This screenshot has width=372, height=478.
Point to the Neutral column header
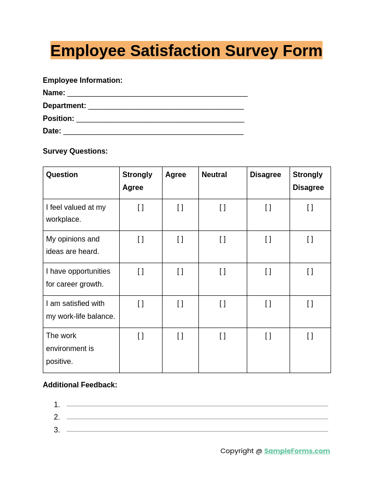click(214, 175)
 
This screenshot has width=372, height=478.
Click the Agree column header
click(175, 175)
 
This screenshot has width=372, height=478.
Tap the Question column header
click(62, 175)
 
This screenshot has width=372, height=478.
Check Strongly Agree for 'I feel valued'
click(140, 207)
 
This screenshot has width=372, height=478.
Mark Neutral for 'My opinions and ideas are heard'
click(222, 239)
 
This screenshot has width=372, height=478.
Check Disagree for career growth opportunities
click(268, 271)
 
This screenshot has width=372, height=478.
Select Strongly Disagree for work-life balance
click(310, 304)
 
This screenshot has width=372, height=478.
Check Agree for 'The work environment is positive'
click(180, 336)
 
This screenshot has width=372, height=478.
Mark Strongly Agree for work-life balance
click(140, 304)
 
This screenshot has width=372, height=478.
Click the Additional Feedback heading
click(80, 385)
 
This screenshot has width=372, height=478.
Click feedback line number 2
click(197, 418)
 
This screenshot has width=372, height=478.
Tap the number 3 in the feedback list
click(57, 430)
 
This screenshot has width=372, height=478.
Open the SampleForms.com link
click(297, 451)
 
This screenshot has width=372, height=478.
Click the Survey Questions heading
click(75, 151)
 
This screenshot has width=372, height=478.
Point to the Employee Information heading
click(82, 81)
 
